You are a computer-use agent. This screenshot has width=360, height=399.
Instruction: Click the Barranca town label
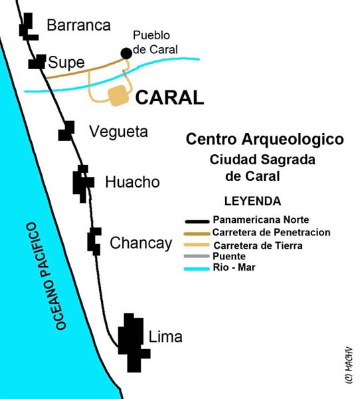[78, 26]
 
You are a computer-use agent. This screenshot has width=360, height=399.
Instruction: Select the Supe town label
[66, 63]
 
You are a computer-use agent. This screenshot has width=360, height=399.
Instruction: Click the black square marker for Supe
[37, 62]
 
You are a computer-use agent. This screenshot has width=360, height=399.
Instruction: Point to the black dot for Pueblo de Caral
[126, 53]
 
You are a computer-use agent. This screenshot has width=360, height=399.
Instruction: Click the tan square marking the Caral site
[119, 96]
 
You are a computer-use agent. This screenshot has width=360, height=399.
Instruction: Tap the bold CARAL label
[169, 98]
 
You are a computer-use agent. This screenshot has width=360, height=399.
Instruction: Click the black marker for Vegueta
[66, 131]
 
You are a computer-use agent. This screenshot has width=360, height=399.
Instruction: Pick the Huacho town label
[132, 182]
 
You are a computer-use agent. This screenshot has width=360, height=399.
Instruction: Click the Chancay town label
[141, 243]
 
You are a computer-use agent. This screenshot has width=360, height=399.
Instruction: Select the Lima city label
[165, 337]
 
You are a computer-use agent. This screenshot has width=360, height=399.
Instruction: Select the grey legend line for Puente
[198, 256]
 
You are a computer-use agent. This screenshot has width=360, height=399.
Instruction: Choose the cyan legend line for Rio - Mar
[198, 268]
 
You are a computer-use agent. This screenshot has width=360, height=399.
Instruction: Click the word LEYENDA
[252, 201]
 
